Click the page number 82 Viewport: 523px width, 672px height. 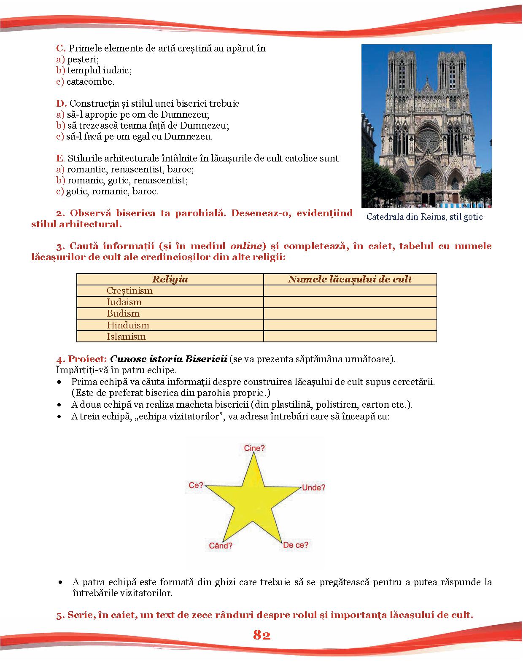point(261,635)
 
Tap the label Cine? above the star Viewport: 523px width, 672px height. point(254,448)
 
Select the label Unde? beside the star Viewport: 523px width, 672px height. point(313,487)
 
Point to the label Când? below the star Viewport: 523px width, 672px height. point(221,546)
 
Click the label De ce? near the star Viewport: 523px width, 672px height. point(296,545)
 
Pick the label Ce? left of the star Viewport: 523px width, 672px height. point(196,485)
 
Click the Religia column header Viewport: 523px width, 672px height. point(170,279)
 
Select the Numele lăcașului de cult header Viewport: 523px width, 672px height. point(350,279)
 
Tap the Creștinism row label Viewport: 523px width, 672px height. point(129,291)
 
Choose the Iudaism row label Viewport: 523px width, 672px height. point(124,302)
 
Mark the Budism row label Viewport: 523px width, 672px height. point(123,314)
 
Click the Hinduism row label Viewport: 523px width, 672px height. point(128,325)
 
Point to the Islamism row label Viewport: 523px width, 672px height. point(126,336)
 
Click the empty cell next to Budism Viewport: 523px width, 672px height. point(350,314)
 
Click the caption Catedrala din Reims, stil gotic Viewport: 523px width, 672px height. point(424,217)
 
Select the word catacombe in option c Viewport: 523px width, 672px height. point(90,82)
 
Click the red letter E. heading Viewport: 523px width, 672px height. point(61,159)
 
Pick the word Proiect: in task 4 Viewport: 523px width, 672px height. point(87,359)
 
